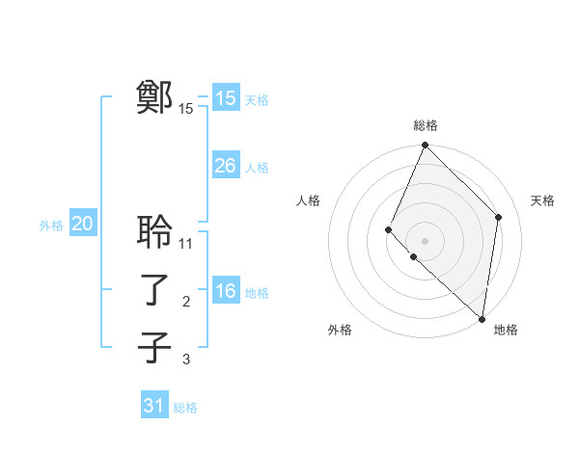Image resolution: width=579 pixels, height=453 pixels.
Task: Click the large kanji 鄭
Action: click(154, 97)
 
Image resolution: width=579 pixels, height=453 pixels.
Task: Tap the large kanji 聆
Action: click(154, 231)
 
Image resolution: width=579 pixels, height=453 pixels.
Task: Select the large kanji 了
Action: click(154, 289)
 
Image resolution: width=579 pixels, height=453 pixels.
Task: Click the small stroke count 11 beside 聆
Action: click(186, 244)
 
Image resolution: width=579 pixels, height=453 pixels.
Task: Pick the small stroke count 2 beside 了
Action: click(186, 302)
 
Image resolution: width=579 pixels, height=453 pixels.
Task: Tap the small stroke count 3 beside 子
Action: click(186, 360)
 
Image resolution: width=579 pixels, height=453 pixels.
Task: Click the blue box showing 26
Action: click(225, 166)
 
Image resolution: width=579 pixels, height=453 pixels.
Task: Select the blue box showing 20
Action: click(82, 225)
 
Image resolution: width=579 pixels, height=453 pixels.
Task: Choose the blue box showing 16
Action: click(225, 291)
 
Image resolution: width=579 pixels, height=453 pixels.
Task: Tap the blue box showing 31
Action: click(153, 406)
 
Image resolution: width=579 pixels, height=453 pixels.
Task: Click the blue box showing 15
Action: click(225, 98)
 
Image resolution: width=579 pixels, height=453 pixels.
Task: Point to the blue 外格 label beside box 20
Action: click(51, 226)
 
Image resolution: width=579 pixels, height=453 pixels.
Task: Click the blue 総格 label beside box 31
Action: click(185, 408)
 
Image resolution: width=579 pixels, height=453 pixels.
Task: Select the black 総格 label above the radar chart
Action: click(426, 125)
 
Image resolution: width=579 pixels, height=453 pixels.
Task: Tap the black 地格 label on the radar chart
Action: click(506, 330)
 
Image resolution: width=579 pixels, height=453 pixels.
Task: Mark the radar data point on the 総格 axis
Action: click(425, 147)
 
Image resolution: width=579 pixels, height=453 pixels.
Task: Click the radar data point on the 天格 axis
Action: click(498, 218)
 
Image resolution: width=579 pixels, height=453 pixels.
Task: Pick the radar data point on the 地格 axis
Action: click(482, 319)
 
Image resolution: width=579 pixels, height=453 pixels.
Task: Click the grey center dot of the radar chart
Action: click(425, 240)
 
